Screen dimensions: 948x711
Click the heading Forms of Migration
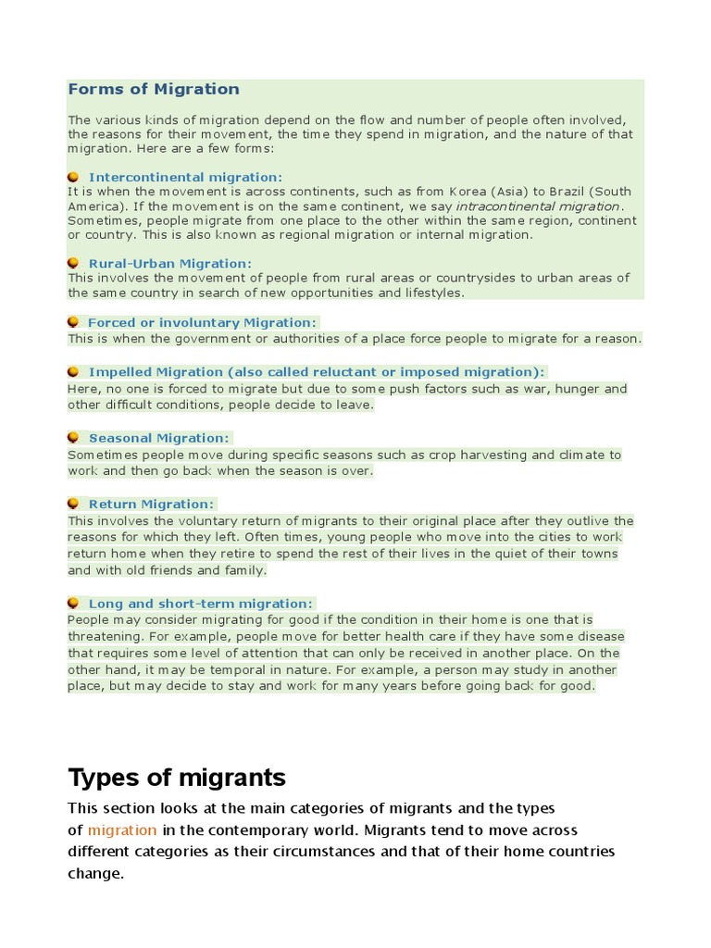pos(154,90)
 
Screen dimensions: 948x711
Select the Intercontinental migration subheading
pos(185,177)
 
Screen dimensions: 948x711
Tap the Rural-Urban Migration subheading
pos(169,264)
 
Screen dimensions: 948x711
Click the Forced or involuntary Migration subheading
pos(202,322)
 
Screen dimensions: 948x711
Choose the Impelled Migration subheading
pos(316,372)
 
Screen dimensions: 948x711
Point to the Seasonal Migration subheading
pos(158,438)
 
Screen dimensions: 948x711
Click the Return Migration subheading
pos(151,505)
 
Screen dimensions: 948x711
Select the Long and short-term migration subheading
pos(200,604)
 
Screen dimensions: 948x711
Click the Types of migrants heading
pos(177,776)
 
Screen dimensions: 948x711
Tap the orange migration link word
pos(122,830)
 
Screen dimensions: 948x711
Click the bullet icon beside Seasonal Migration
pos(73,437)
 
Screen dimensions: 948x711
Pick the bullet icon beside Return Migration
pos(73,504)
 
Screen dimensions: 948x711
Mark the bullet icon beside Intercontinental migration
pos(73,176)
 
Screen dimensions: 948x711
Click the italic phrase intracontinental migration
pos(538,206)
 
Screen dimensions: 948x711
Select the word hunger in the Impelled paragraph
pos(580,389)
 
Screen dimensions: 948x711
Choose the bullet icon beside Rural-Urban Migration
pos(73,263)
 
